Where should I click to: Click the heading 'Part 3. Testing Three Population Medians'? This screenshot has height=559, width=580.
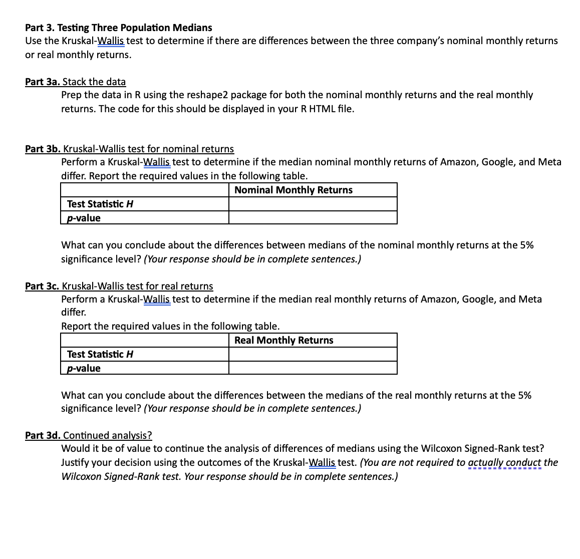[118, 28]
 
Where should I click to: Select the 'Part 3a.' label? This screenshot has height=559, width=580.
[43, 82]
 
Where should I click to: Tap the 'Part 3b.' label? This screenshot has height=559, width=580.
[43, 149]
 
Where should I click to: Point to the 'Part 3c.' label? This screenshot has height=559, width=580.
[43, 286]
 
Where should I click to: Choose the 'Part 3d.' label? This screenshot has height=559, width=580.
[43, 435]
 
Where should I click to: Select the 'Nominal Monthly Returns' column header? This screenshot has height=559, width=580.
[293, 190]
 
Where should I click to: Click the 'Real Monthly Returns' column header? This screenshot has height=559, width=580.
[283, 340]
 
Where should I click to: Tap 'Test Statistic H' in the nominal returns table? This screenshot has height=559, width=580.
[100, 204]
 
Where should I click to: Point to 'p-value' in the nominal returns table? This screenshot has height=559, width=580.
[84, 218]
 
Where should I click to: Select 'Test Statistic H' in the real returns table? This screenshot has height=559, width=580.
[100, 354]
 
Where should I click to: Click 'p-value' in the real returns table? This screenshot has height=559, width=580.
[84, 368]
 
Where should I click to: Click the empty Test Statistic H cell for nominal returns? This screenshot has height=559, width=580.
[313, 204]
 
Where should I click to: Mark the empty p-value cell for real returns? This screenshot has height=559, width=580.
[313, 368]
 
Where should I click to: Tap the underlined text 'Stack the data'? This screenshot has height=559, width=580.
[94, 82]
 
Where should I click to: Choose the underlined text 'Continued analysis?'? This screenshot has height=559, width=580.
[107, 435]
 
